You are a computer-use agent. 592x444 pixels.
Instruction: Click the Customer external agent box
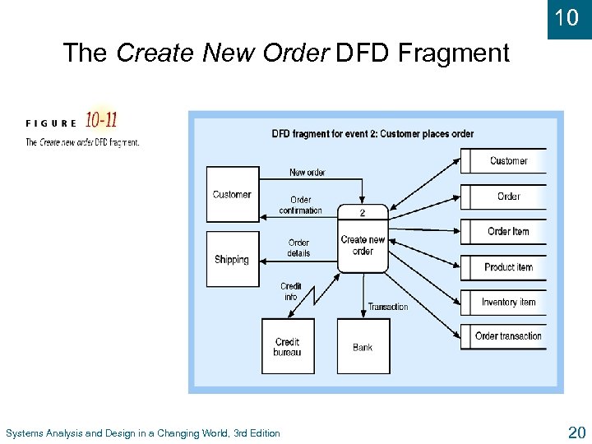tap(232, 195)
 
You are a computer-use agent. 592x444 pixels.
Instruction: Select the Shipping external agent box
tap(232, 259)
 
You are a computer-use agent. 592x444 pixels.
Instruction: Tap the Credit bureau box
tap(287, 346)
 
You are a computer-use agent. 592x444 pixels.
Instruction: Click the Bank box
tap(363, 346)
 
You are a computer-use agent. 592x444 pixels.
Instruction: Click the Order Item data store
tap(507, 232)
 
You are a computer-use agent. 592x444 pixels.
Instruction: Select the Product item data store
tap(507, 267)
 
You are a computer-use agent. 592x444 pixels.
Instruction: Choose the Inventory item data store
tap(507, 303)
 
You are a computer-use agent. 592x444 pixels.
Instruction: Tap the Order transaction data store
tap(507, 336)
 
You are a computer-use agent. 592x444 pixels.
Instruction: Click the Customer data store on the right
tap(507, 161)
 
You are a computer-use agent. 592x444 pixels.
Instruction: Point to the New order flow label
tap(307, 173)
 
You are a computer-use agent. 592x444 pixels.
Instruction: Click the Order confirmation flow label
tap(300, 205)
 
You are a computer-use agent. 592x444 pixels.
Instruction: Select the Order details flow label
tap(298, 247)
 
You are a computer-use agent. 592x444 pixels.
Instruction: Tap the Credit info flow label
tap(290, 291)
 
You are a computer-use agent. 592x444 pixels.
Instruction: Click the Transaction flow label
tap(387, 307)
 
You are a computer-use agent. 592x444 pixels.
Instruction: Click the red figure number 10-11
tap(101, 121)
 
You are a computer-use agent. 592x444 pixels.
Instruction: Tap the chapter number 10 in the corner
tap(567, 17)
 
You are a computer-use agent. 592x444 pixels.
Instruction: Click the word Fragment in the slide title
tap(453, 53)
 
